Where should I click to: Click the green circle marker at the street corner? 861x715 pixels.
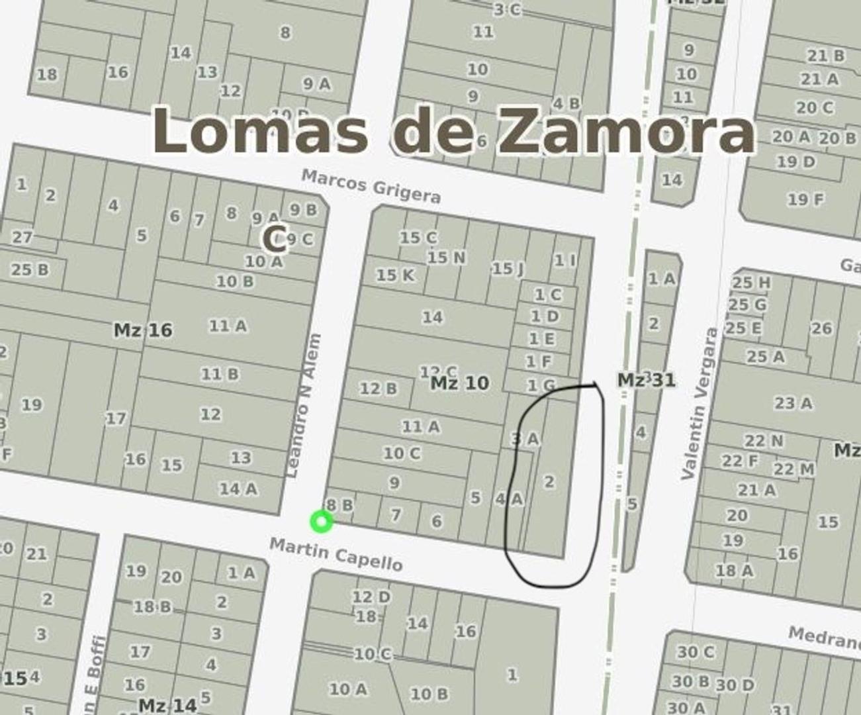(x=322, y=522)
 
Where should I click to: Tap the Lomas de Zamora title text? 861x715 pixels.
(x=454, y=130)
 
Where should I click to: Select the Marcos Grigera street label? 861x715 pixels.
(x=371, y=186)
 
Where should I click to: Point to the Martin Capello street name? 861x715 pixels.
(x=336, y=554)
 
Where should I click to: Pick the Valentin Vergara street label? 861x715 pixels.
(x=699, y=404)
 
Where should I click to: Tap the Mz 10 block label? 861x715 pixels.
(x=460, y=383)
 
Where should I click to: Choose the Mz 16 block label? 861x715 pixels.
(x=143, y=330)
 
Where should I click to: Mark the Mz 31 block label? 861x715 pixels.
(x=647, y=380)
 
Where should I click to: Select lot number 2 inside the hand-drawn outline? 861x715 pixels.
(x=549, y=481)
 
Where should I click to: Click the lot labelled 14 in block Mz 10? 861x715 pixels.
(x=432, y=317)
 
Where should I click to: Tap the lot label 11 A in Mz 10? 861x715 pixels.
(x=421, y=426)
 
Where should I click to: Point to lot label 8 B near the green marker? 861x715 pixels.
(x=340, y=505)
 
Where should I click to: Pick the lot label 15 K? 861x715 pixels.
(x=395, y=274)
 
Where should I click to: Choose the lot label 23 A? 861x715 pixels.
(x=793, y=403)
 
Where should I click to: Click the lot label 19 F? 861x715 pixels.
(x=805, y=198)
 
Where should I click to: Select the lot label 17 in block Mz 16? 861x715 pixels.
(x=116, y=418)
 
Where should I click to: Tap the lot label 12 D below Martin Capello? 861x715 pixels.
(x=371, y=596)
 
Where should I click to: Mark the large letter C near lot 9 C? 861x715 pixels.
(x=274, y=238)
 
